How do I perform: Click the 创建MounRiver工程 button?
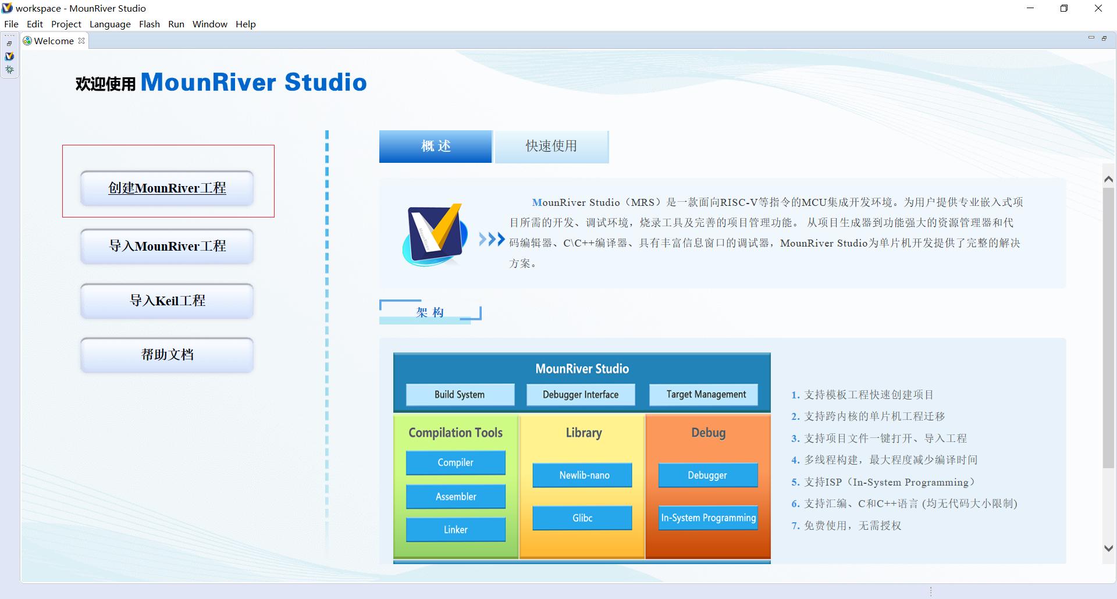click(x=167, y=188)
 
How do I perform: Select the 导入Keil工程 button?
click(x=167, y=301)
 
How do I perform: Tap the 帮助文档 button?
click(x=167, y=355)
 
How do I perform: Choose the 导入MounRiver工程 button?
click(x=167, y=246)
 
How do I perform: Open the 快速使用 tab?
click(x=551, y=146)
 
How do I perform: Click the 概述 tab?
click(x=435, y=146)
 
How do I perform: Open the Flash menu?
click(x=149, y=24)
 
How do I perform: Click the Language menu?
click(x=110, y=24)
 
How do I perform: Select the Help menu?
click(x=246, y=24)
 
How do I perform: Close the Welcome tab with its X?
click(x=81, y=41)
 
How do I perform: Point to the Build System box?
click(x=460, y=394)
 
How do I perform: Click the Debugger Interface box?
click(x=581, y=394)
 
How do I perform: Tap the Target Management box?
click(x=706, y=394)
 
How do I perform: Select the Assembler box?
click(x=456, y=497)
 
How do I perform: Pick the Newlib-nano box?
click(x=584, y=475)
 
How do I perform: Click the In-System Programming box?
click(x=708, y=518)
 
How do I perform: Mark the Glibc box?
click(x=582, y=518)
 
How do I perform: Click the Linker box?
click(x=456, y=530)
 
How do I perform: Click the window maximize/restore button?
click(x=1064, y=8)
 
